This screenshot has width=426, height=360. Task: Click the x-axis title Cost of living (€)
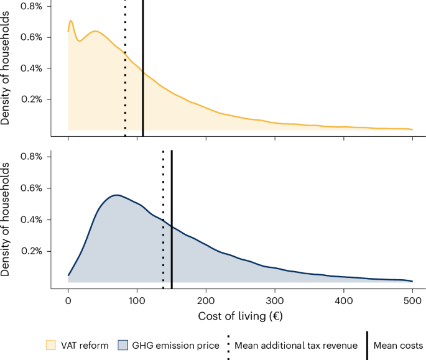(241, 316)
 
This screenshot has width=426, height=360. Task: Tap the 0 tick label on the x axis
(68, 301)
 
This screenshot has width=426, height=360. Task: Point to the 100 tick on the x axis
(137, 301)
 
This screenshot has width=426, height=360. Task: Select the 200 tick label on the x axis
(206, 301)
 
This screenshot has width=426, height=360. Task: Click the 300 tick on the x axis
(275, 301)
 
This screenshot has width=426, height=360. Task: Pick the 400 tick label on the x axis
(344, 301)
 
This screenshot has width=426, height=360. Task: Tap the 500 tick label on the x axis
(412, 301)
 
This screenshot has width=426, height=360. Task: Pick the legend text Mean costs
(398, 346)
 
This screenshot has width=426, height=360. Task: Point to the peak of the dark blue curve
(115, 195)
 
